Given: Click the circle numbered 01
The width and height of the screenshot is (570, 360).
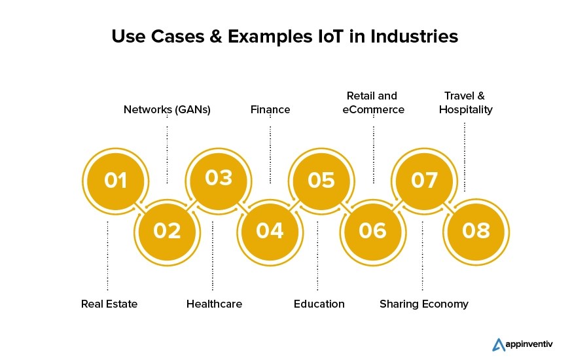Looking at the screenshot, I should tap(115, 180).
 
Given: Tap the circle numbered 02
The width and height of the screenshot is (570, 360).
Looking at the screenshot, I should tap(167, 230).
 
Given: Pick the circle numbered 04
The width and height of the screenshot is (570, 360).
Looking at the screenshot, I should tap(270, 230).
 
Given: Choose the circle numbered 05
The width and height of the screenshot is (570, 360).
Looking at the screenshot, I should tap(321, 180).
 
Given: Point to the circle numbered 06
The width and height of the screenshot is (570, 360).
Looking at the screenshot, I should tap(372, 230).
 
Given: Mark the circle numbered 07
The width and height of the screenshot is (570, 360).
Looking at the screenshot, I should tap(423, 180).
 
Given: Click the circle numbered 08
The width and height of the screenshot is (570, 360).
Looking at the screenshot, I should tap(475, 230).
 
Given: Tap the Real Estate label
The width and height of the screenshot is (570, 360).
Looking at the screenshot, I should tap(109, 304).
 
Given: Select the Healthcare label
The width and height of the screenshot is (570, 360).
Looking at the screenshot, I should tap(214, 304).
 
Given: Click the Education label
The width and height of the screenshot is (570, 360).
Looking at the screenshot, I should tap(319, 304).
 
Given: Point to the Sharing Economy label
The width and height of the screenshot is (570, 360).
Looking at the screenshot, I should tap(424, 304).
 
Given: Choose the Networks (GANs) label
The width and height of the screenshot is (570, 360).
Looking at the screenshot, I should tap(167, 109).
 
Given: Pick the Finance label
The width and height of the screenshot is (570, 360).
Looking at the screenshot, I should tap(270, 109).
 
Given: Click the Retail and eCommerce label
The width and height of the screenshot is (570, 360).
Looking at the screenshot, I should tap(373, 103).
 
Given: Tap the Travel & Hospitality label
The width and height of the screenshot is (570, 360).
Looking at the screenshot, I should tap(465, 103).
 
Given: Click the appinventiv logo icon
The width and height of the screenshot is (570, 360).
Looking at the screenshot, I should tap(498, 344).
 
